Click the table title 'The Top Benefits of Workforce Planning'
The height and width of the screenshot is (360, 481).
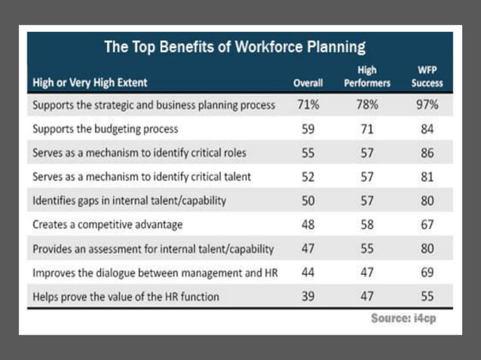coord(234,47)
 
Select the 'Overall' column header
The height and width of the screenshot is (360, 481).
coord(308,82)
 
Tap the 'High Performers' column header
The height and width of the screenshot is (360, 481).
coord(368,76)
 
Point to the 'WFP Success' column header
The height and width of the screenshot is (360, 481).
coord(427,76)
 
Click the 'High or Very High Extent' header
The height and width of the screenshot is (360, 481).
coord(90,82)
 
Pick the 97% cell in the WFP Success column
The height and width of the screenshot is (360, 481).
coord(427,105)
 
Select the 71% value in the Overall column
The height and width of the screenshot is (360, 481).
coord(308,105)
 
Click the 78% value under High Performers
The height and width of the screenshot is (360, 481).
coord(368,105)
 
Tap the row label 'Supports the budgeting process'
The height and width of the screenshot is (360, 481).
coord(105,130)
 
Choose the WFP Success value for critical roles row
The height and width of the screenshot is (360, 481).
coord(427,153)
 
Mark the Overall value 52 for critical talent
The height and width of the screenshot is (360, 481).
coord(308,177)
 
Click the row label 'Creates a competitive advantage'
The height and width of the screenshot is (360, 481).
coord(108,224)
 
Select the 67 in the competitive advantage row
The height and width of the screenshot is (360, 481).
coord(427,224)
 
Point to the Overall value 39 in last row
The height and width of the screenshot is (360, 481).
coord(308,296)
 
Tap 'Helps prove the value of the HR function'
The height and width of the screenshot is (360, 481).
coord(126,297)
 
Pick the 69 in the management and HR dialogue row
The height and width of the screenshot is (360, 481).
coord(427,272)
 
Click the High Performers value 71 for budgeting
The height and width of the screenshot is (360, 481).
coord(368,130)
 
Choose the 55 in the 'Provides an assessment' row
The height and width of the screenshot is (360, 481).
coord(368,249)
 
